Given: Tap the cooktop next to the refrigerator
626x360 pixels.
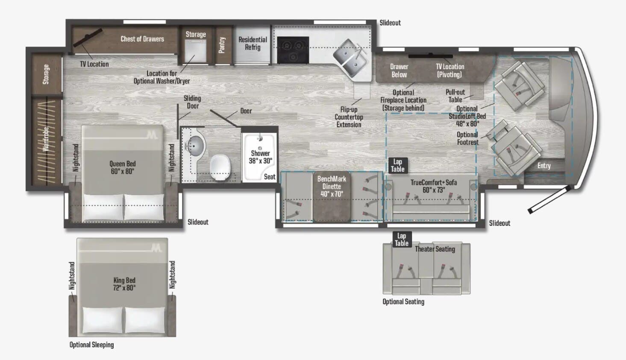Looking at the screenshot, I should click(x=293, y=50).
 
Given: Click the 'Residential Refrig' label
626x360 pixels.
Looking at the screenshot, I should click(x=253, y=43).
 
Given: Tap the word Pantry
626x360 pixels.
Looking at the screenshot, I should click(x=222, y=45).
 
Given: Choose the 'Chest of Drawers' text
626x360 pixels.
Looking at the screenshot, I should click(x=142, y=39).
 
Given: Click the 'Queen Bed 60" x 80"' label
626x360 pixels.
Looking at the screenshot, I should click(x=123, y=167).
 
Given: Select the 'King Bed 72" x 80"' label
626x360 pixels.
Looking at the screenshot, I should click(x=124, y=284).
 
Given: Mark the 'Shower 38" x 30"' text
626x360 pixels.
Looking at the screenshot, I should click(x=260, y=157).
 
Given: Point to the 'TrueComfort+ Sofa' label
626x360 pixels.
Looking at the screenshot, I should click(x=433, y=186).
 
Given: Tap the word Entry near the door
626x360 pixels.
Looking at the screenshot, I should click(x=544, y=166).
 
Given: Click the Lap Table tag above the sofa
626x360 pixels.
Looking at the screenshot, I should click(x=397, y=165).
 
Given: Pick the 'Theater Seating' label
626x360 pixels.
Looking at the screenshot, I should click(x=435, y=249).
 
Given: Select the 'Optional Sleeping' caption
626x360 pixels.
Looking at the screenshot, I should click(x=91, y=345).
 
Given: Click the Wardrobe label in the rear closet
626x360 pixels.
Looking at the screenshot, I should click(x=46, y=139).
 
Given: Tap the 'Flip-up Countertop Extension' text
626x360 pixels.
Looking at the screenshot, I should click(x=349, y=117).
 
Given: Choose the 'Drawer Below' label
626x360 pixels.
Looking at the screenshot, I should click(x=399, y=70).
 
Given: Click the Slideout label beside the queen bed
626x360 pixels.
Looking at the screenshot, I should click(x=198, y=222).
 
